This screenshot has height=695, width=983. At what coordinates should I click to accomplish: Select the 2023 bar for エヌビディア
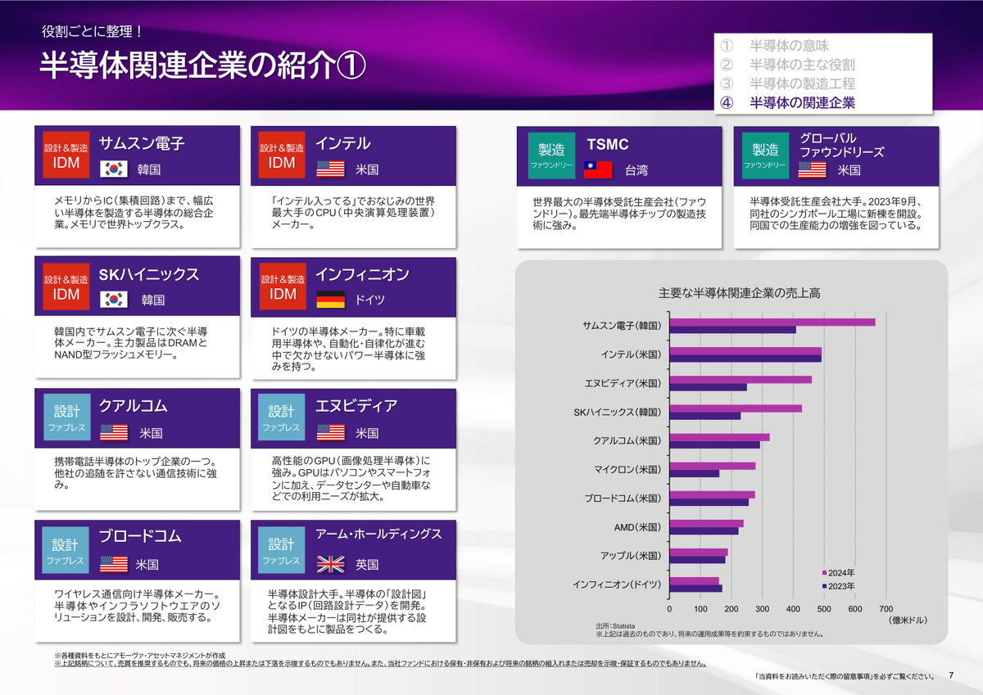(708, 387)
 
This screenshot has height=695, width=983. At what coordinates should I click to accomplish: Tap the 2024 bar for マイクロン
(712, 466)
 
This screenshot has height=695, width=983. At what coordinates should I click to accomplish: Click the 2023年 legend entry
(839, 586)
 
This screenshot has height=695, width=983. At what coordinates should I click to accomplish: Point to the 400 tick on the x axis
(793, 609)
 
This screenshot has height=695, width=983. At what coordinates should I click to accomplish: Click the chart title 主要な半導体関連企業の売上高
(739, 293)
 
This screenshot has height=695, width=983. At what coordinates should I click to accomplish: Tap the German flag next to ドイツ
(331, 300)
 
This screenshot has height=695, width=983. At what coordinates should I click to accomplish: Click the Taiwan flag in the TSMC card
(597, 169)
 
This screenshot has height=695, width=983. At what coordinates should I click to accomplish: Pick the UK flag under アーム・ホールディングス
(331, 564)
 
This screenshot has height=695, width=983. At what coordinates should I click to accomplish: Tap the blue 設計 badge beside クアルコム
(66, 418)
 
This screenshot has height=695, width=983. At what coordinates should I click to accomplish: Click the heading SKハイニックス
(149, 274)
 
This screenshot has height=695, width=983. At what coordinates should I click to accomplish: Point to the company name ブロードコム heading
(140, 537)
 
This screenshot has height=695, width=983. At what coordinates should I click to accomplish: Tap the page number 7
(951, 675)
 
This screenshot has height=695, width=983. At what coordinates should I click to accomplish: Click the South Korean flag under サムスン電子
(114, 169)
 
